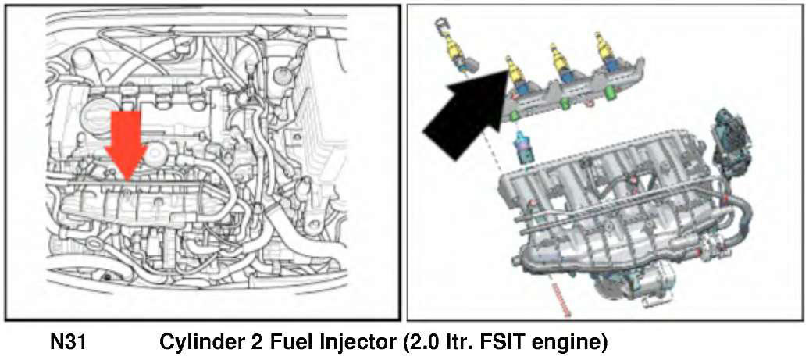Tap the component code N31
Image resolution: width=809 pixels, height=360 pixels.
tap(67, 342)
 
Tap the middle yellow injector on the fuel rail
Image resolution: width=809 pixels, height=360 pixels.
tap(561, 61)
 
